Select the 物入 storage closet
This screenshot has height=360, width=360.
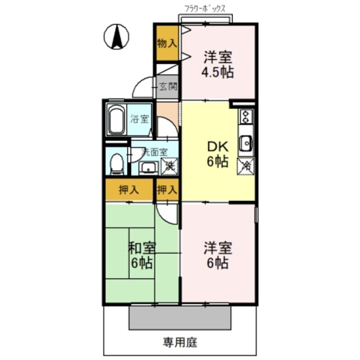coord(167,43)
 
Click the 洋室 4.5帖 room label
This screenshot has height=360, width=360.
coord(217,64)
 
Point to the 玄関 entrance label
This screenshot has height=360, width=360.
coord(168,87)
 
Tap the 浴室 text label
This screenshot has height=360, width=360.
coord(140,119)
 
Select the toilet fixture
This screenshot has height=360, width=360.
coord(116,164)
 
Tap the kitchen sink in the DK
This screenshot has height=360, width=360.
coord(246,143)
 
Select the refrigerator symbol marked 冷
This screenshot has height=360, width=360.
coord(246,165)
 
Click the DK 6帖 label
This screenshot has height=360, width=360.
coord(217,154)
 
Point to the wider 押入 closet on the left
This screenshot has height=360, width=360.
coord(129,190)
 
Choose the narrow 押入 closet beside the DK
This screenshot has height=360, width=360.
coord(167,190)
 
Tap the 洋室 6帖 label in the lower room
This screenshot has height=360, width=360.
coord(217,254)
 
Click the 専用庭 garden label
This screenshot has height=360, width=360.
coord(180,341)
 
